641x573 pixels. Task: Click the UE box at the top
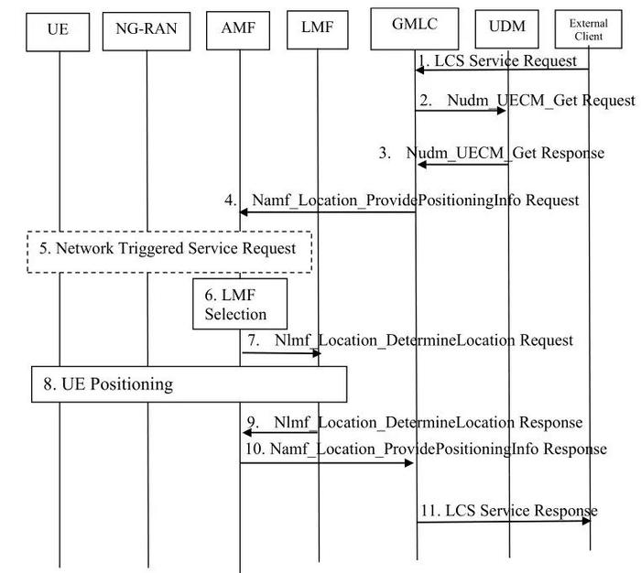pos(58,32)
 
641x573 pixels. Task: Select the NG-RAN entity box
pos(147,31)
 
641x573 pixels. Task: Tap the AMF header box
pos(238,30)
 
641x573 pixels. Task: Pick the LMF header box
pos(318,30)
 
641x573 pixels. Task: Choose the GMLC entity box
pos(415,28)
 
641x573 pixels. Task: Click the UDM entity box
pos(507,29)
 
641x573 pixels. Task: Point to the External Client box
pos(588,29)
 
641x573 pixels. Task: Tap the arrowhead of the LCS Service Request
pos(419,70)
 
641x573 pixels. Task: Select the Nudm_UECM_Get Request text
pos(541,100)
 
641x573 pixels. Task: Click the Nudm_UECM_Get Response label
pos(505,153)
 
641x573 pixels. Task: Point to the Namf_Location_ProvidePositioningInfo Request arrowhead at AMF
pos(244,211)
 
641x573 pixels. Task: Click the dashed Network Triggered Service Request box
pos(169,252)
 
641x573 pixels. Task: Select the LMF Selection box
pos(240,304)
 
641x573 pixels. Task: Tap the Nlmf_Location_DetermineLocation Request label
pos(424,340)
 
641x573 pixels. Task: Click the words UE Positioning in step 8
pos(117,384)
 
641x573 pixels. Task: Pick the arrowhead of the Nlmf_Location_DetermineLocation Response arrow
pos(247,432)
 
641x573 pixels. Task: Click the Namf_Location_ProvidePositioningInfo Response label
pos(439,449)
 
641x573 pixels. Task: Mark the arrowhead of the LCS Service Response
pos(586,521)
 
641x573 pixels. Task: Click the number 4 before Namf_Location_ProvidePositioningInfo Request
pos(229,200)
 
